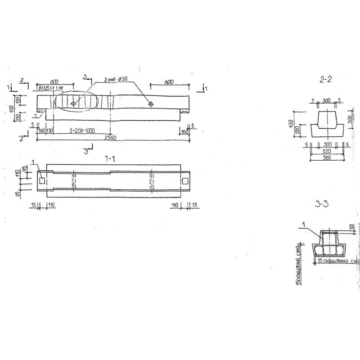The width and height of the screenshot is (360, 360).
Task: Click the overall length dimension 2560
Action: pyautogui.click(x=111, y=138)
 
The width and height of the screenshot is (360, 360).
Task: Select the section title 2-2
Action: pyautogui.click(x=325, y=80)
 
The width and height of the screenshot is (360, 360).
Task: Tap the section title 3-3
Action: pyautogui.click(x=322, y=204)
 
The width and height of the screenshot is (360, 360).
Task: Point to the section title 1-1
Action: pyautogui.click(x=110, y=158)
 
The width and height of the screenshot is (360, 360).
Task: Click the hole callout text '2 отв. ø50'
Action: pyautogui.click(x=116, y=79)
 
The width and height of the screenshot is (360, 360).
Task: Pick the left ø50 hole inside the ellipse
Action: pyautogui.click(x=73, y=103)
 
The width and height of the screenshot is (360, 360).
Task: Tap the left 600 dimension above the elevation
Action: pyautogui.click(x=54, y=82)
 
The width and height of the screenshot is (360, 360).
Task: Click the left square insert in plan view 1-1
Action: pyautogui.click(x=42, y=180)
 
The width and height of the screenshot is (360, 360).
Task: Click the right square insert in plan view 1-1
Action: pyautogui.click(x=185, y=180)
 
